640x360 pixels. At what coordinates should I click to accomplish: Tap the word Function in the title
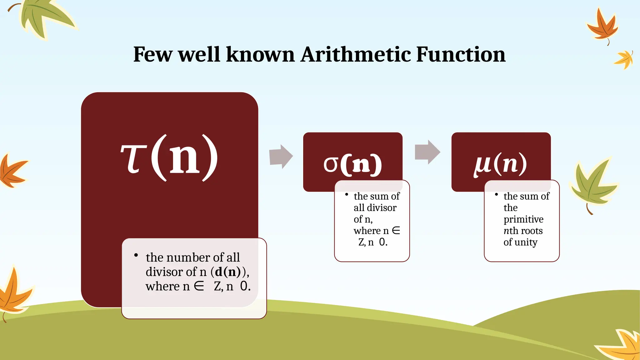461,54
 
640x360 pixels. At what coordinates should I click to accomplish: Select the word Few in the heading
152,54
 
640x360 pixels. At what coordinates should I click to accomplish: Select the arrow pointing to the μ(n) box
427,152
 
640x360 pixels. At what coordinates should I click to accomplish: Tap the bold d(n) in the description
228,272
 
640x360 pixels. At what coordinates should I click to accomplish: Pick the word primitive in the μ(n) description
523,219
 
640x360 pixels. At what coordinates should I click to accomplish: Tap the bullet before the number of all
136,255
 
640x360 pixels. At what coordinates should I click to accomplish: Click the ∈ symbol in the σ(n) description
396,231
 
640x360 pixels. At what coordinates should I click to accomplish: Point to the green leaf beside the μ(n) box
592,184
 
